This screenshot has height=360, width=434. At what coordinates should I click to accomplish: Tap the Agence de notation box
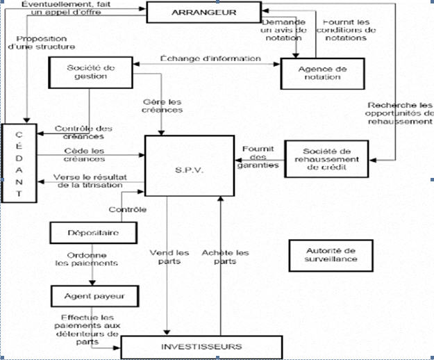[x=322, y=72]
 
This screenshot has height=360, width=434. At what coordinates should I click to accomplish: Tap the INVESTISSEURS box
[x=203, y=345]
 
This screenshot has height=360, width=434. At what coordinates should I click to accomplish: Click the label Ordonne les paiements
[x=87, y=259]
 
